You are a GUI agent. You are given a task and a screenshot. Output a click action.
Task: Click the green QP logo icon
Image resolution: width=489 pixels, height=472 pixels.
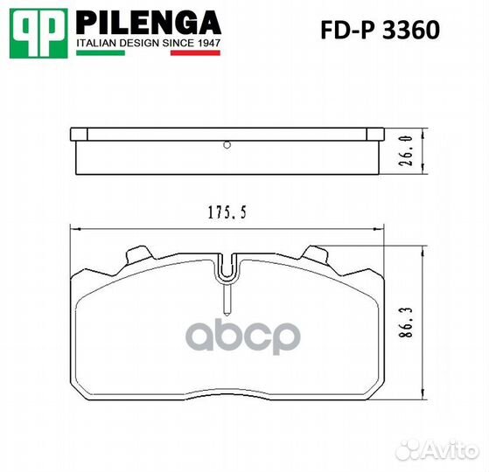click(x=38, y=31)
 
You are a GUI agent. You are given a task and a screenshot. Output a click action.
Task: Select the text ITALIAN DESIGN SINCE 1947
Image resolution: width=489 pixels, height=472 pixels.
click(x=148, y=41)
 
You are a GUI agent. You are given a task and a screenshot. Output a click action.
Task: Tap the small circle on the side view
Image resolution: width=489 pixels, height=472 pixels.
click(x=227, y=146)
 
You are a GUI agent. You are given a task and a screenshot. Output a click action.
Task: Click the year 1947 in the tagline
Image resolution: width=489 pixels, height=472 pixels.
click(x=209, y=41)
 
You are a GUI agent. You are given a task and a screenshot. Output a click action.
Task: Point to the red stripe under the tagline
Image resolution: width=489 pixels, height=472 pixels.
click(x=194, y=52)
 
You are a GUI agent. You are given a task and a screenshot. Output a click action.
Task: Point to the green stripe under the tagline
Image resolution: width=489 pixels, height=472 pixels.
click(x=101, y=52)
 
